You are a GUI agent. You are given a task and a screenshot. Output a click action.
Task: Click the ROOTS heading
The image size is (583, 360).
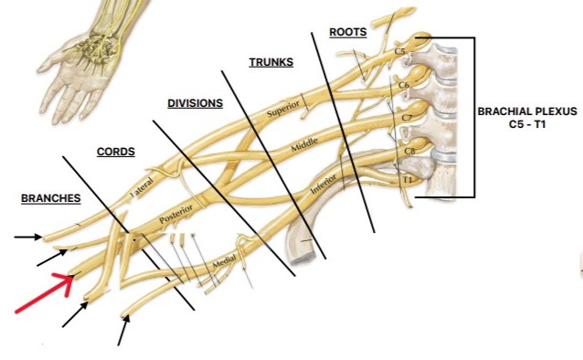tap(348, 32)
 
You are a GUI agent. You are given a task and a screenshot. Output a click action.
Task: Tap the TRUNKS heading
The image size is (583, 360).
tap(271, 62)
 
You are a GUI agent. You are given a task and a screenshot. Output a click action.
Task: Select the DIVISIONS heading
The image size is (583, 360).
tap(195, 103)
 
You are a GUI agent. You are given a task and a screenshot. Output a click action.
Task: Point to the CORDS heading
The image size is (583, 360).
tap(116, 152)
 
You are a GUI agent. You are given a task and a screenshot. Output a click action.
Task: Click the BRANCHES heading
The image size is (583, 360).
tap(51, 198)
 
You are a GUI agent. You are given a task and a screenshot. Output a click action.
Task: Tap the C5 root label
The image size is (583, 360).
tap(399, 52)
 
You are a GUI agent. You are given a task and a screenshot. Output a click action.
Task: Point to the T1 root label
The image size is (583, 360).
tap(408, 180)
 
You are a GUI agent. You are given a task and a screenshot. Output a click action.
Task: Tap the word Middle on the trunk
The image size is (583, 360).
tap(303, 145)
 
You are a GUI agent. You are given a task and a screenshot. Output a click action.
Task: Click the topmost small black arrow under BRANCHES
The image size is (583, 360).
tap(27, 237)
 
